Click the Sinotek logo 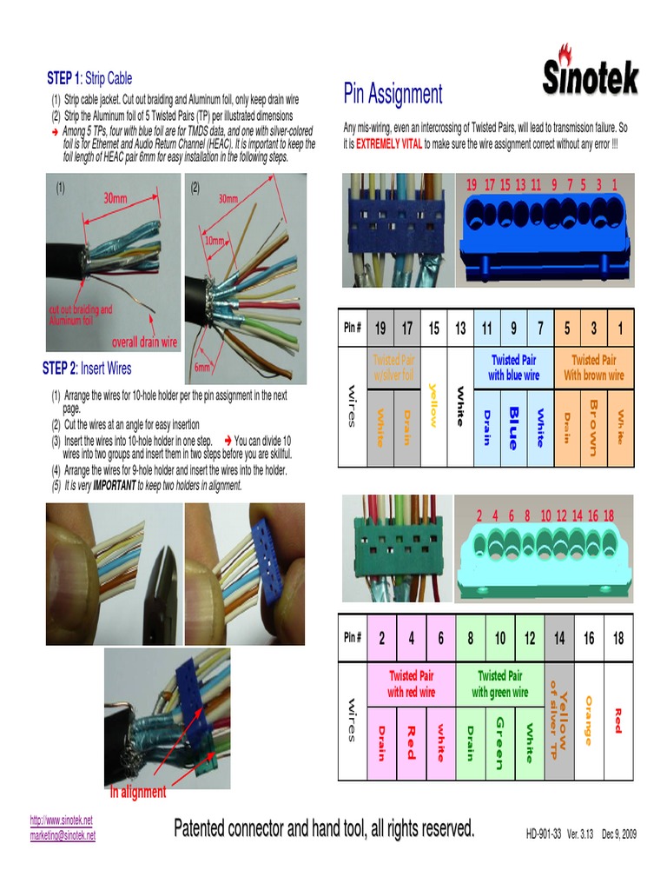pyautogui.click(x=591, y=72)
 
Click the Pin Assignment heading pyautogui.click(x=393, y=94)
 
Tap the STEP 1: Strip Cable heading pyautogui.click(x=89, y=78)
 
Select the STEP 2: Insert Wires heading pyautogui.click(x=87, y=369)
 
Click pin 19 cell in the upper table pyautogui.click(x=380, y=328)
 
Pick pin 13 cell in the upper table pyautogui.click(x=460, y=328)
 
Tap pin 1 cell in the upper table pyautogui.click(x=619, y=328)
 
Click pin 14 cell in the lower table pyautogui.click(x=558, y=639)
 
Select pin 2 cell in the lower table pyautogui.click(x=381, y=639)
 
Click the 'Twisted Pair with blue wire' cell pyautogui.click(x=513, y=368)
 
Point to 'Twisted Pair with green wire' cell pyautogui.click(x=499, y=684)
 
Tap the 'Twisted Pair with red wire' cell pyautogui.click(x=411, y=684)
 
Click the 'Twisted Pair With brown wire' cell pyautogui.click(x=593, y=368)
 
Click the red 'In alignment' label pyautogui.click(x=137, y=792)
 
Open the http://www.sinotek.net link pyautogui.click(x=61, y=820)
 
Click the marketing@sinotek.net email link pyautogui.click(x=63, y=835)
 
